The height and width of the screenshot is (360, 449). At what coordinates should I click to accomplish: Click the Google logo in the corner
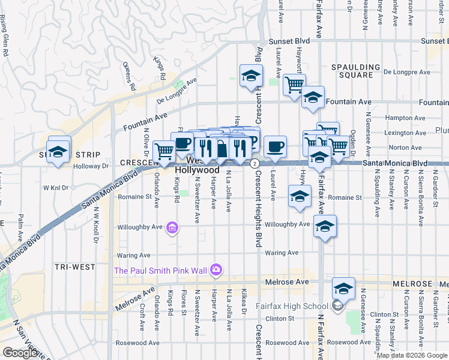(20, 352)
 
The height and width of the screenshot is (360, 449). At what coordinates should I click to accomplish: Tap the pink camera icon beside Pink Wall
(216, 271)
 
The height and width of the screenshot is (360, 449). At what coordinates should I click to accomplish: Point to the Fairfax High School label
(298, 306)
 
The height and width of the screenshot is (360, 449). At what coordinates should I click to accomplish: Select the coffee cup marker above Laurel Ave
(275, 146)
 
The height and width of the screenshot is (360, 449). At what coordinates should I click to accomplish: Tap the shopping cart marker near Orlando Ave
(164, 152)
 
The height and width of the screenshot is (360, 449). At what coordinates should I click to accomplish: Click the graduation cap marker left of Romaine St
(300, 196)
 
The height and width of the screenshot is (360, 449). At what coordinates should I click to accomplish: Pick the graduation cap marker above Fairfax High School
(343, 289)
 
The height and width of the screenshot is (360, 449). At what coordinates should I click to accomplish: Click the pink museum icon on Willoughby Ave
(172, 227)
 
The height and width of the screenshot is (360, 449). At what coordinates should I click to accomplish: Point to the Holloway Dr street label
(91, 167)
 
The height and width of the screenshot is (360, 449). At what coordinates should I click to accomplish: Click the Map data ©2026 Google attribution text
(411, 355)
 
